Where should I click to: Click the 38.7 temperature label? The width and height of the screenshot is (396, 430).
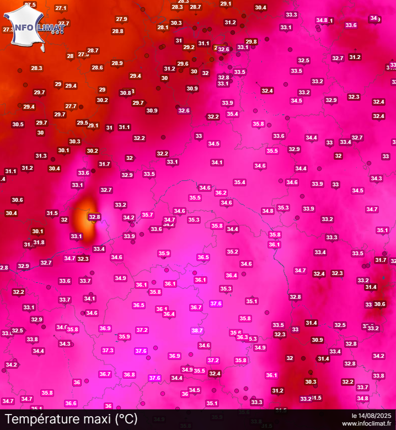197,330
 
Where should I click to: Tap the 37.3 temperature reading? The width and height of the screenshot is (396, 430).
108,350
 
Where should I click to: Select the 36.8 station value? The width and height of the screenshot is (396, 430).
129,374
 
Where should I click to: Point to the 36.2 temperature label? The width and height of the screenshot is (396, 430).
221,192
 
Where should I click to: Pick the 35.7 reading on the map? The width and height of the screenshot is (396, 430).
147,214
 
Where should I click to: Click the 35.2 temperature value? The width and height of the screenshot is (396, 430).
232,251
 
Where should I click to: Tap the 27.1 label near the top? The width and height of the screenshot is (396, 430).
61,8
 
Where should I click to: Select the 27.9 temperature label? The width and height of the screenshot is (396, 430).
121,19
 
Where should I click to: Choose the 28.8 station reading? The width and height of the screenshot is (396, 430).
117,31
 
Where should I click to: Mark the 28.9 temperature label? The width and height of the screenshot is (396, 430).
117,63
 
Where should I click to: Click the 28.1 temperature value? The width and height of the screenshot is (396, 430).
163,27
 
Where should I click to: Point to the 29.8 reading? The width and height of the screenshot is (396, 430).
251,41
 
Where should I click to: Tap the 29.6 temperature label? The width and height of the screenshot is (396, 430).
183,63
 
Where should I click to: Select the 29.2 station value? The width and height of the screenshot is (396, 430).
189,47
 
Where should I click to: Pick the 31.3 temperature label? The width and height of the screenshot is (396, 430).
41,155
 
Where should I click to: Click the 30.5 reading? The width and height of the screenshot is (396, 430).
18,124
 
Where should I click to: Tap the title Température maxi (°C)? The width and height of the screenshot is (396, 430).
71,419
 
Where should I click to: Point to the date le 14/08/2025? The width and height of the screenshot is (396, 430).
372,415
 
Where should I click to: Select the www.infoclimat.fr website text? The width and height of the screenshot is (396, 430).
366,423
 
